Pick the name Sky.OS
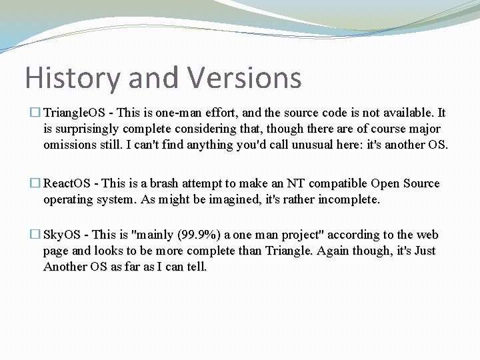coord(62,235)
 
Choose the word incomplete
coord(349,200)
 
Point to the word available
coord(408,113)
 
